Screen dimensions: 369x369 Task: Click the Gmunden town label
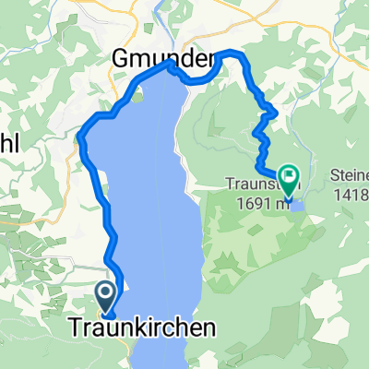point(161,58)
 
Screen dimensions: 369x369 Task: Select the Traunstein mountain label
point(252,183)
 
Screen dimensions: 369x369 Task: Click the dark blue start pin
point(104,297)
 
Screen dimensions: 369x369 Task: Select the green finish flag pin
point(290,173)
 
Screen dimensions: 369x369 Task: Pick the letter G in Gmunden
point(120,58)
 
